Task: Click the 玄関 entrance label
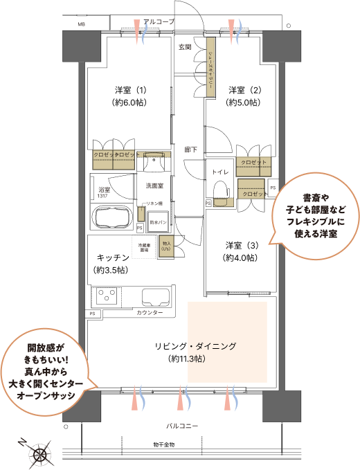coord(185,47)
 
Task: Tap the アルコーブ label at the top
coord(160,22)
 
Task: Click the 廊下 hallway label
coord(191,150)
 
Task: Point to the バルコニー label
coord(182,425)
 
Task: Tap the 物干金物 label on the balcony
coord(163,444)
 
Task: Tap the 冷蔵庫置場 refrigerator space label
coord(145,248)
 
